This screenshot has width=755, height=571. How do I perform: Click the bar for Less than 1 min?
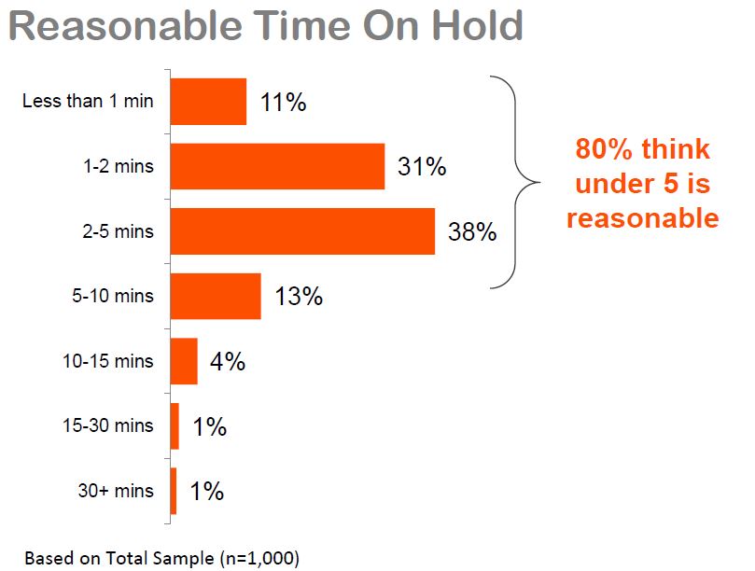click(x=208, y=102)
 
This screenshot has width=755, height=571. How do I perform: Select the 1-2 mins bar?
click(x=277, y=166)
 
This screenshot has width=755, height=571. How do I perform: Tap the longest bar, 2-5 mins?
click(x=302, y=231)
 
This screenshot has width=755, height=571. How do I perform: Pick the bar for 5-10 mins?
click(x=216, y=296)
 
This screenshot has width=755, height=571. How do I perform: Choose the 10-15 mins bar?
click(x=184, y=361)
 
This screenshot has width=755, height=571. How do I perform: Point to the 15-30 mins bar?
click(x=175, y=426)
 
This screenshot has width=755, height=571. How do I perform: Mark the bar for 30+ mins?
click(x=174, y=491)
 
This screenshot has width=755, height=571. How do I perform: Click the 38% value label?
click(x=472, y=231)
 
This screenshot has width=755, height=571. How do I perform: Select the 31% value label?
click(x=422, y=167)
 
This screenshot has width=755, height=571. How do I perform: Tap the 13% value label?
click(x=299, y=296)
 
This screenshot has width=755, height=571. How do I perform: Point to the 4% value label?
click(x=228, y=361)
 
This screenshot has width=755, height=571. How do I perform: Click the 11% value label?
click(x=283, y=102)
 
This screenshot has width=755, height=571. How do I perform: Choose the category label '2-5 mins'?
click(x=118, y=231)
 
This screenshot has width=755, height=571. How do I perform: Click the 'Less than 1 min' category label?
click(x=88, y=101)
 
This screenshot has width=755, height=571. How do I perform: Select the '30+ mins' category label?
click(x=116, y=491)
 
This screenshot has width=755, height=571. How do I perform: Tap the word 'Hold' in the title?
click(x=477, y=25)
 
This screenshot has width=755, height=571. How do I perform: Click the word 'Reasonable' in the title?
click(x=126, y=25)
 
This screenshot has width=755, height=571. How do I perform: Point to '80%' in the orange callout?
click(x=604, y=148)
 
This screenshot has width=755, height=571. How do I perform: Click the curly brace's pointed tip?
click(x=539, y=183)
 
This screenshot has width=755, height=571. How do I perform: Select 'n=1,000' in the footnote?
click(x=259, y=559)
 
